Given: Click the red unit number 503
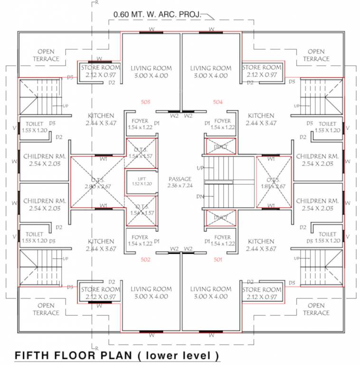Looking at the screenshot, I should point(146,102).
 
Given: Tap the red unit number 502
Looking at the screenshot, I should point(146,259).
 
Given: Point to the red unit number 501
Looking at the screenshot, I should point(218,259).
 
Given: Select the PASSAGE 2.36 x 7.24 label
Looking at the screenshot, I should point(180,182).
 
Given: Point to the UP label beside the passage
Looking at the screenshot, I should point(200,168).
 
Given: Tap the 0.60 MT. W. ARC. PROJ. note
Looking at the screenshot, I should point(157,15).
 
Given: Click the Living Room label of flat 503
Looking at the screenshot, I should point(151,72).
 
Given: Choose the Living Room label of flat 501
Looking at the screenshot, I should point(211,292).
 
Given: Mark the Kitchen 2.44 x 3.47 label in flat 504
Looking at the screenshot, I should point(261,119).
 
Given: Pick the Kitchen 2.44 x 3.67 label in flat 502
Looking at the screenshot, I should point(101,245).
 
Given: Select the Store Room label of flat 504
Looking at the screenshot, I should point(262,71).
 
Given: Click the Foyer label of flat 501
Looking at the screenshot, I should point(223,240).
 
